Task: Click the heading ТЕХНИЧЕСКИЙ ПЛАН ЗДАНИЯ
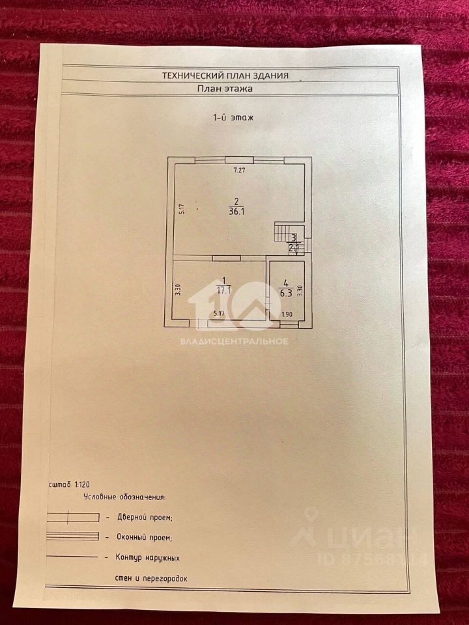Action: click(x=225, y=76)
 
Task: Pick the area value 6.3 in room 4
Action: click(x=285, y=292)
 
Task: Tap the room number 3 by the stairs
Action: click(x=294, y=238)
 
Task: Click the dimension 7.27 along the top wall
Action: click(x=240, y=171)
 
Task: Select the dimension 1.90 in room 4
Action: click(x=287, y=314)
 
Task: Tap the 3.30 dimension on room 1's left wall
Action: click(x=177, y=290)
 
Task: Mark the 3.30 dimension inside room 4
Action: click(x=300, y=291)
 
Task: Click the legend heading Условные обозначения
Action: click(x=124, y=497)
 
